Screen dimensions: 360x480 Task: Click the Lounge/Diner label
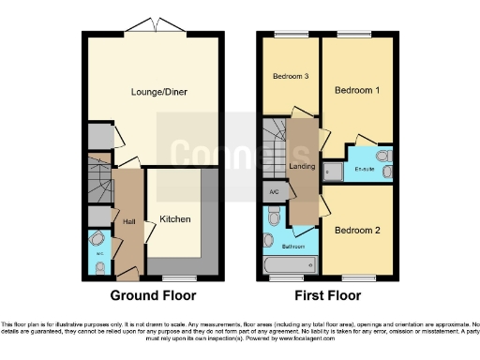tap(155, 93)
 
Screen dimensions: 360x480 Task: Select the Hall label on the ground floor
tap(129, 221)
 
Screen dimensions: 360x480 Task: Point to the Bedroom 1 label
tap(358, 91)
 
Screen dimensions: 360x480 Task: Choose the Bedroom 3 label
tap(291, 76)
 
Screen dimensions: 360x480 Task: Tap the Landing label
tap(302, 167)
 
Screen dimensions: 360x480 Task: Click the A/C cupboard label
tap(275, 192)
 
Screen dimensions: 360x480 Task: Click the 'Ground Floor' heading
tap(154, 295)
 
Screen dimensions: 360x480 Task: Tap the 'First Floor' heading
tap(328, 295)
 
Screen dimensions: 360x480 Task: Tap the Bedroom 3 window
tap(284, 36)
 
